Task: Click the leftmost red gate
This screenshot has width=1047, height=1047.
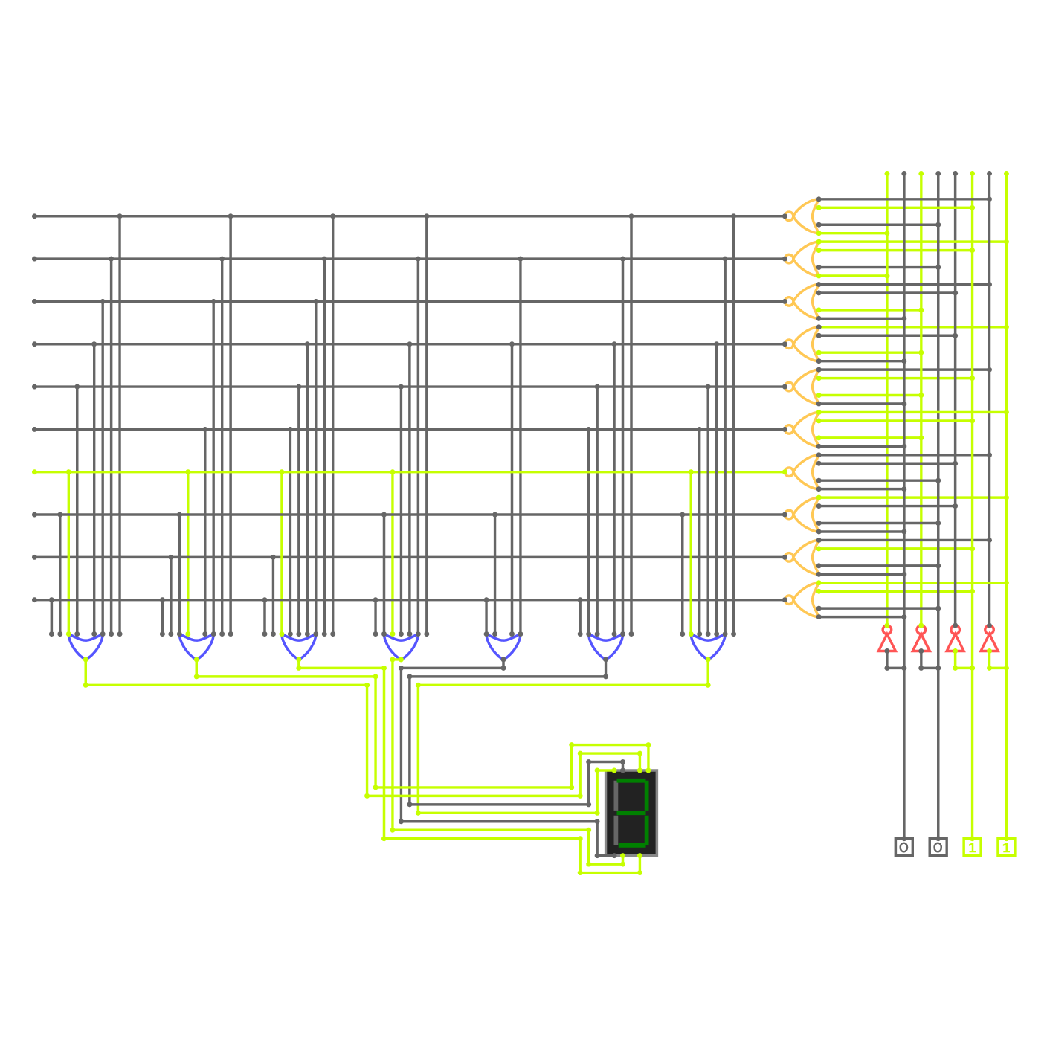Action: click(x=889, y=639)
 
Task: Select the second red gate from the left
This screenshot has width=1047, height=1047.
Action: click(x=924, y=639)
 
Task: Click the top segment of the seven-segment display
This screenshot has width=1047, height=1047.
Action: click(x=631, y=782)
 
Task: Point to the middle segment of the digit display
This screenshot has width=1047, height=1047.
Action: click(x=631, y=813)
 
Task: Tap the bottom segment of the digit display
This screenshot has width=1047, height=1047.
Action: click(x=631, y=845)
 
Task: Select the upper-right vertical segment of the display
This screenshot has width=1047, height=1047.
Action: click(x=647, y=796)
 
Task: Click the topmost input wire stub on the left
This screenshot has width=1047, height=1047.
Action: click(x=52, y=216)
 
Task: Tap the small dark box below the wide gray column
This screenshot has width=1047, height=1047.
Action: click(x=927, y=846)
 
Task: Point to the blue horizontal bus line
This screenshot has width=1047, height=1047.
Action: click(x=476, y=647)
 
